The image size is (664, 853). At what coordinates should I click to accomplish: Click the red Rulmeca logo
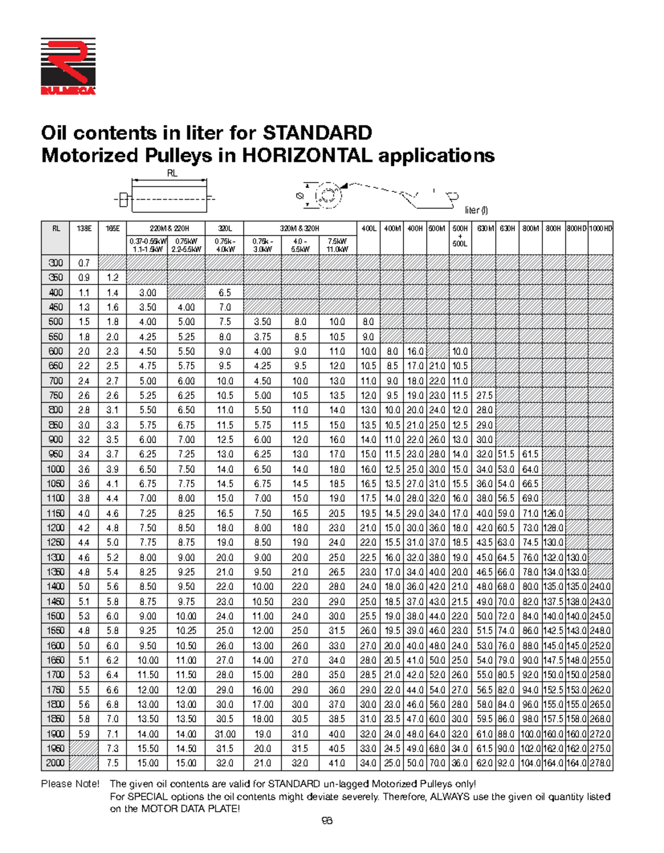coord(68,66)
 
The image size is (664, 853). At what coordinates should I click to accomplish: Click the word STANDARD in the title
coord(317,133)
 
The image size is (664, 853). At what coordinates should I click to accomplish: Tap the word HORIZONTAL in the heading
coord(307,155)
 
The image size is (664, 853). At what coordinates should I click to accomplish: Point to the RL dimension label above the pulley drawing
coord(172,173)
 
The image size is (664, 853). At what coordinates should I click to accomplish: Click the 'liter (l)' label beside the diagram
coord(476,210)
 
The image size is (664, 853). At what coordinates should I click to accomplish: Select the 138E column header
coord(84,228)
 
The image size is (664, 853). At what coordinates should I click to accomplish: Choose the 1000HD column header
coord(600,228)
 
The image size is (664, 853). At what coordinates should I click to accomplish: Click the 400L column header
coord(368,228)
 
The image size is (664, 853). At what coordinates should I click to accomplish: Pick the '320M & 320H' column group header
coord(299,228)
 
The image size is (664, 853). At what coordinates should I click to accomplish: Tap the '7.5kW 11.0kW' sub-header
coord(337,245)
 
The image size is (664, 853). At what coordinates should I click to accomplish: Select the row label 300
coord(55,263)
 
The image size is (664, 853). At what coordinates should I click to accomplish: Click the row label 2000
coord(55,763)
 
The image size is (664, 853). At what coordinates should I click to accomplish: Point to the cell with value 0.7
coord(84,263)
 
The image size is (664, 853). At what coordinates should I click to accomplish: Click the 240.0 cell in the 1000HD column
coord(600,586)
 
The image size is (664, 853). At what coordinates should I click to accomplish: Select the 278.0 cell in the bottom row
coord(600,763)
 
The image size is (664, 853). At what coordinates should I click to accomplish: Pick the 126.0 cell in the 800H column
coord(553,513)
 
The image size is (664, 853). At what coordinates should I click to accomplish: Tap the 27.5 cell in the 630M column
coord(484,396)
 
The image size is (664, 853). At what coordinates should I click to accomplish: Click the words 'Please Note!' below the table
coord(70,784)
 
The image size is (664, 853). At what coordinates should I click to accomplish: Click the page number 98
coord(327,821)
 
